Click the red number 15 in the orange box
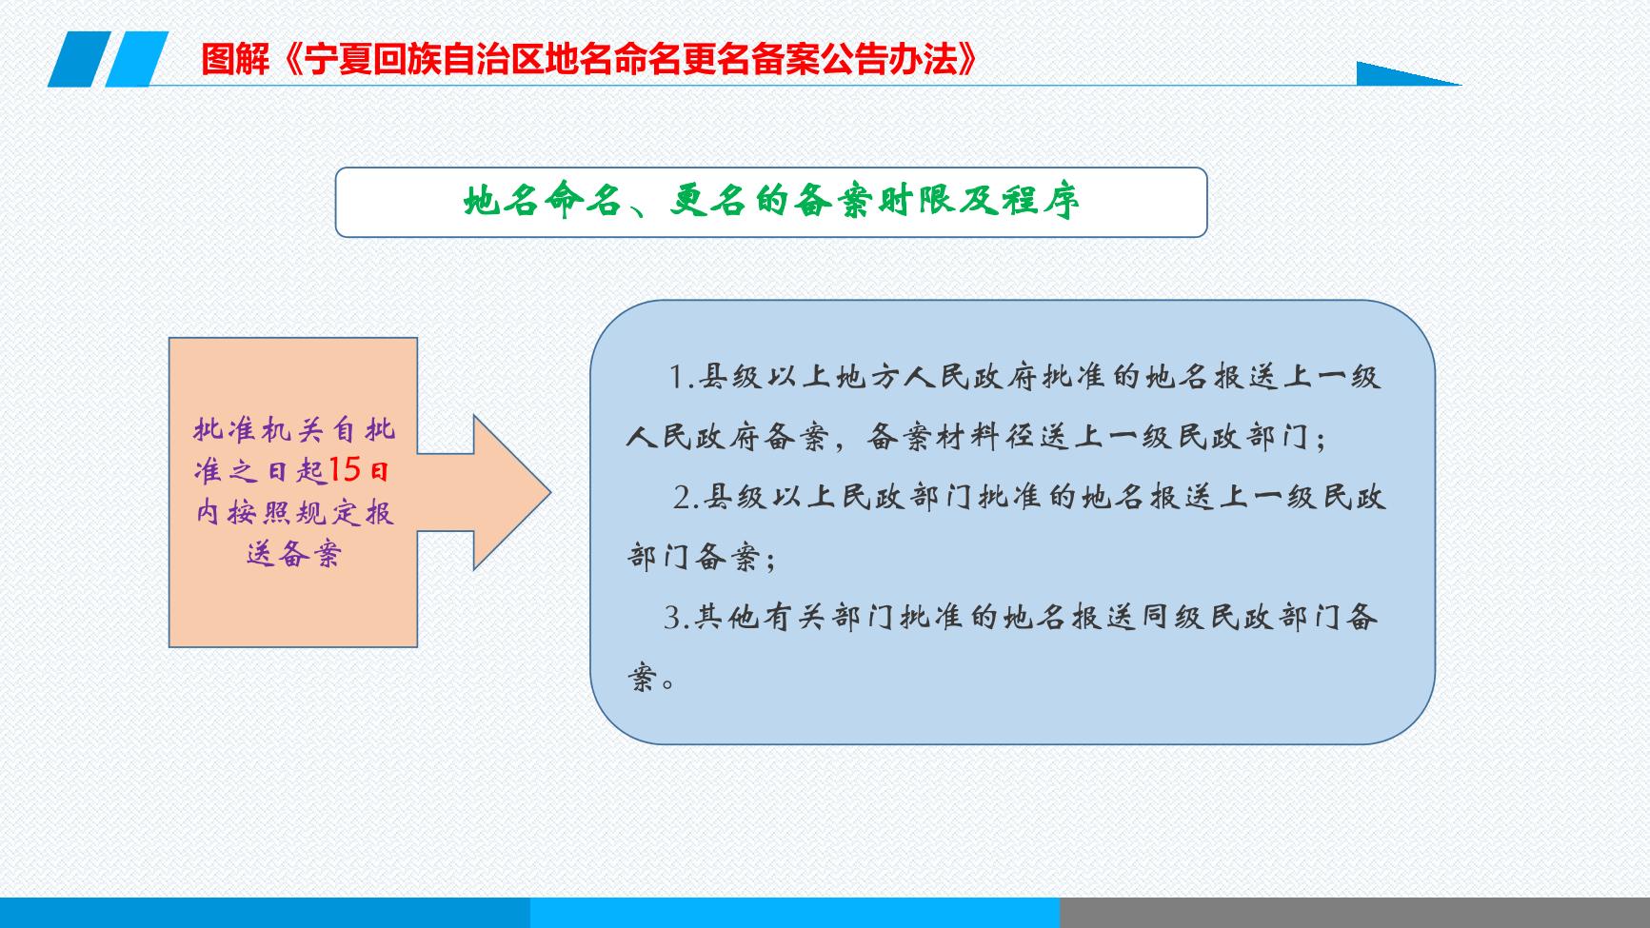pos(345,470)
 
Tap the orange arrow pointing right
pos(485,492)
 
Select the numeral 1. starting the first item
pos(681,378)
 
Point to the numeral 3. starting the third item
pos(676,619)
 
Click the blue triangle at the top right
pos(1408,73)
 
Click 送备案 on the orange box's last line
pos(293,554)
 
